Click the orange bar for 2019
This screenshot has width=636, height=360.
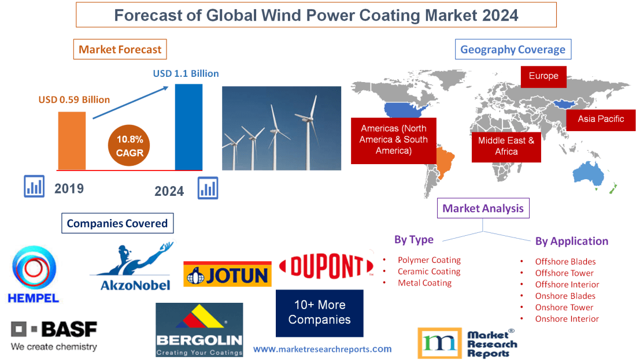(x=72, y=140)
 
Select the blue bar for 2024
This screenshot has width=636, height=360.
(x=188, y=127)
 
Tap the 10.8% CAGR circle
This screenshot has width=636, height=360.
(x=130, y=146)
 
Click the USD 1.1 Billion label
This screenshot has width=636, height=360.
(x=186, y=73)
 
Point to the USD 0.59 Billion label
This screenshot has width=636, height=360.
(x=74, y=99)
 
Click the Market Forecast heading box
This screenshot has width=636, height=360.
(x=120, y=49)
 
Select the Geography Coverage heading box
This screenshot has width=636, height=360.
(x=513, y=49)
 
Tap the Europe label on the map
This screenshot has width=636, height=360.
(x=543, y=76)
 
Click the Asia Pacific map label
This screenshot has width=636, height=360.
(x=601, y=119)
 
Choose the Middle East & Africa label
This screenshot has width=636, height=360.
(x=506, y=146)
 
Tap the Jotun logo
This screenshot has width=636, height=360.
(x=227, y=274)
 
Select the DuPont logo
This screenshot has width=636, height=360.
(x=326, y=266)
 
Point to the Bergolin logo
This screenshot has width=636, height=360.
(x=199, y=329)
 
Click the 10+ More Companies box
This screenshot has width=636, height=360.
(x=319, y=313)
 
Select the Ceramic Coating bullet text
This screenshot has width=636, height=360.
(x=429, y=272)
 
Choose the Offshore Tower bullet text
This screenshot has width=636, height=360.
(x=564, y=273)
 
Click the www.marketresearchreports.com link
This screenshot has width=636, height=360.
(x=322, y=349)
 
